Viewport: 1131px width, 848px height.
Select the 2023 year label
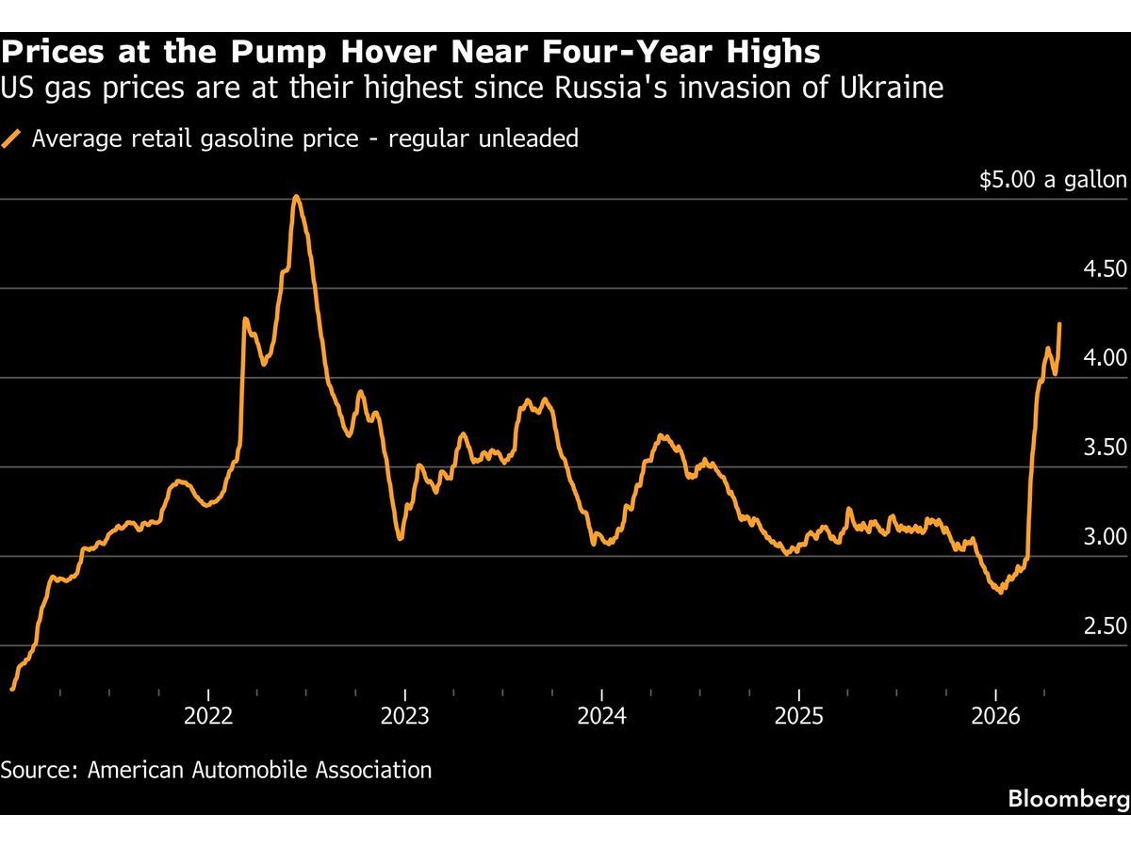pos(404,716)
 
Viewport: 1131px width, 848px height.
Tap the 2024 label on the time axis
pos(601,716)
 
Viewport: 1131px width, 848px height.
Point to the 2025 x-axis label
pos(798,716)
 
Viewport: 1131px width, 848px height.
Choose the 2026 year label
pos(996,716)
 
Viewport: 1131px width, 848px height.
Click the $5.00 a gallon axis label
pos(1053,180)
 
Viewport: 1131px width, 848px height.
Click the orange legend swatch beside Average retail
pos(12,139)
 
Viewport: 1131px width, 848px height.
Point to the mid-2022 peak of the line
pos(296,197)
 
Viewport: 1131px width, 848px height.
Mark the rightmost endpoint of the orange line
pos(1060,324)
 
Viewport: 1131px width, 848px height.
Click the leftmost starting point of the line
pos(12,689)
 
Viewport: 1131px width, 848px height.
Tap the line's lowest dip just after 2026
pos(1000,592)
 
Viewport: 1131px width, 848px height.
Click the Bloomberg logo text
pos(1069,799)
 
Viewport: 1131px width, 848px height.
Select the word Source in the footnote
pos(38,770)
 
